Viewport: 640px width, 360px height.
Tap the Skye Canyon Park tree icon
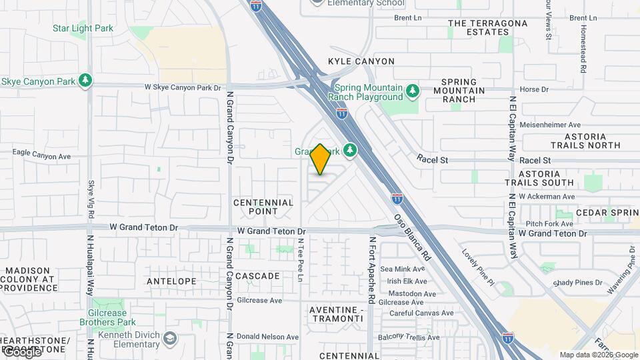pos(85,81)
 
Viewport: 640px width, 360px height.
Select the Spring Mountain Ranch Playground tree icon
pos(413,90)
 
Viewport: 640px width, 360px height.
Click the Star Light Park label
pos(83,29)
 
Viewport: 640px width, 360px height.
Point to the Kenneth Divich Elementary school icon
pos(171,339)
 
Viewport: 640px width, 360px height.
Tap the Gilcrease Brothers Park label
pos(117,317)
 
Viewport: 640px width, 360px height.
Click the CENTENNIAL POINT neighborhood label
pos(263,207)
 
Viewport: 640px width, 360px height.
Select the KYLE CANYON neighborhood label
pos(361,61)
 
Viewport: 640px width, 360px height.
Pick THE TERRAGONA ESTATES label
pos(488,27)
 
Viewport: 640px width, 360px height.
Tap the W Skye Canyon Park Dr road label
pos(183,87)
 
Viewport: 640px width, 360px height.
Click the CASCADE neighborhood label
pos(257,276)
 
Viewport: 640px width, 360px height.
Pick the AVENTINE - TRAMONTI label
pos(337,314)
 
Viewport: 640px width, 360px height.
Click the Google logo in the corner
pos(21,352)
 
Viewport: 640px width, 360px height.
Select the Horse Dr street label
pos(533,89)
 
